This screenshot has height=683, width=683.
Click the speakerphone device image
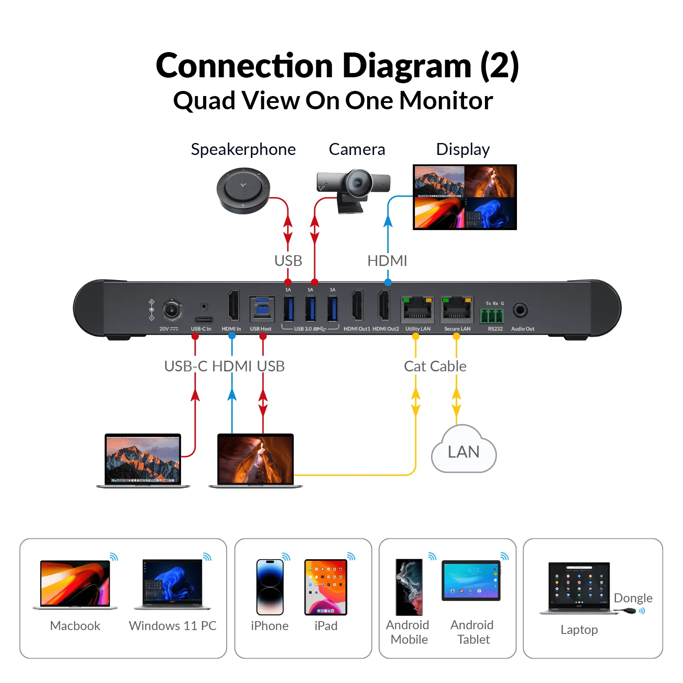(243, 190)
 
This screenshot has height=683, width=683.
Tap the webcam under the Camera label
(354, 188)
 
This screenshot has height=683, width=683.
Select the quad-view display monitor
(464, 197)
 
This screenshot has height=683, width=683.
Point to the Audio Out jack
(520, 310)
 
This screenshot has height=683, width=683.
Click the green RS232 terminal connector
(492, 316)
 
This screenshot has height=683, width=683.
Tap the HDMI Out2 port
(384, 306)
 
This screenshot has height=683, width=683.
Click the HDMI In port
(233, 306)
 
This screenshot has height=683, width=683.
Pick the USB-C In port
(204, 320)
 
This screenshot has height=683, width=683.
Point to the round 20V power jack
(172, 310)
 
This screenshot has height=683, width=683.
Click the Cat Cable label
(435, 366)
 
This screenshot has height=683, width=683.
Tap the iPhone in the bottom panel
(270, 587)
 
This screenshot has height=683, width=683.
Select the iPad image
(326, 587)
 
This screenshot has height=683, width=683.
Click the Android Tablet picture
(471, 581)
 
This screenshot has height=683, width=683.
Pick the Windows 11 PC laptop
(172, 584)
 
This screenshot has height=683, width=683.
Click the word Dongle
(633, 598)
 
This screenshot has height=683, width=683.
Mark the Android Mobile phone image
(409, 587)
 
